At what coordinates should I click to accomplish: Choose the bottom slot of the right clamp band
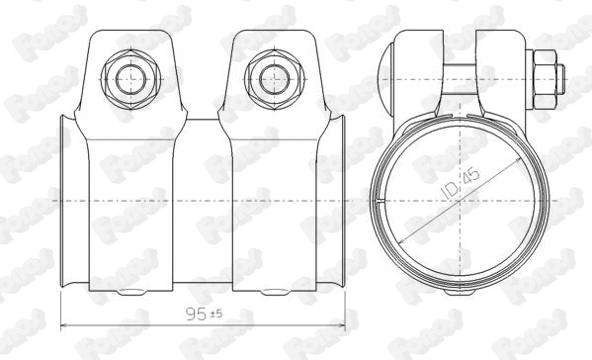(x=272, y=292)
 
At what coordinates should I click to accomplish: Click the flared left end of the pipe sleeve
(x=65, y=203)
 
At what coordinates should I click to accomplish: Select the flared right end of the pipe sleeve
(x=343, y=203)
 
